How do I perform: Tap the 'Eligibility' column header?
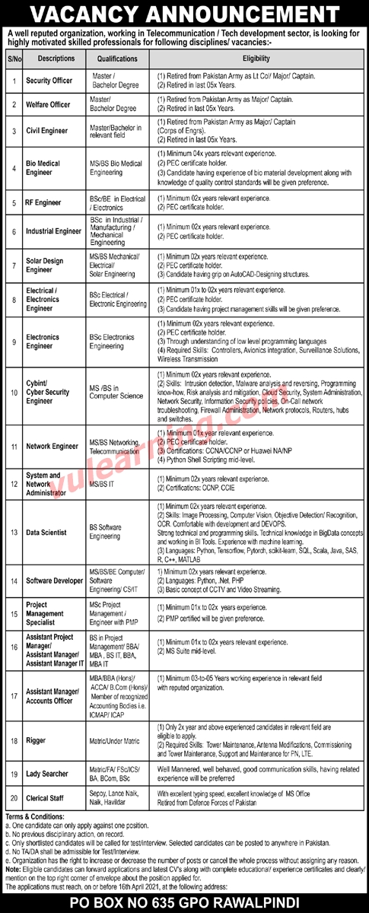(257, 57)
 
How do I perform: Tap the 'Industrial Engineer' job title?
(52, 230)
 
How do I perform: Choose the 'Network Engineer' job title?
(50, 446)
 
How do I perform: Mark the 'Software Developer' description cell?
(55, 581)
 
